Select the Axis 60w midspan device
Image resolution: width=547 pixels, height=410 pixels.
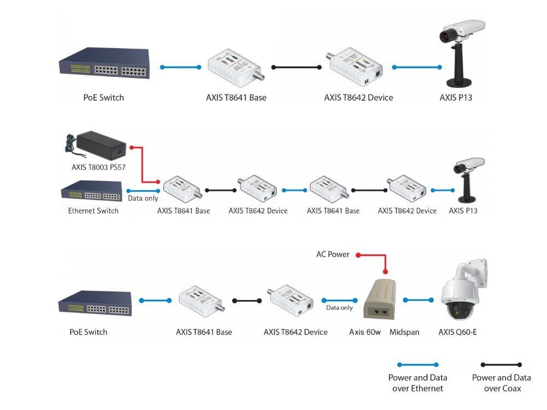(x=380, y=299)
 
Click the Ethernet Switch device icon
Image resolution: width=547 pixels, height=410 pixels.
(x=92, y=191)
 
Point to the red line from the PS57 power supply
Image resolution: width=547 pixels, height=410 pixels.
(x=142, y=165)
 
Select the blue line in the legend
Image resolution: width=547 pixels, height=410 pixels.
(x=417, y=365)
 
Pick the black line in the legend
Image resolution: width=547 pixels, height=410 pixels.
(x=501, y=365)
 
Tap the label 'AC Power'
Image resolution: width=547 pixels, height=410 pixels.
(x=333, y=254)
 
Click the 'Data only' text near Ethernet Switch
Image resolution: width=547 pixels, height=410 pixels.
(x=143, y=198)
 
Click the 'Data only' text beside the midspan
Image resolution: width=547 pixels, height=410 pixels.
(x=339, y=307)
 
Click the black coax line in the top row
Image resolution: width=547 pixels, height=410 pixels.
(x=296, y=67)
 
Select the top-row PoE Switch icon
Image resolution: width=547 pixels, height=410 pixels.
(x=104, y=63)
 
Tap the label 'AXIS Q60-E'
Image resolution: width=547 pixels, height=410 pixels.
(x=457, y=332)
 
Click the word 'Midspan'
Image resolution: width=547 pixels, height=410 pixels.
(x=404, y=332)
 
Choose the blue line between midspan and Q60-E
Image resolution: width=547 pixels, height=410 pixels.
(x=418, y=300)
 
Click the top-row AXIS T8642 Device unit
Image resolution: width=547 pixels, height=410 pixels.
(x=354, y=67)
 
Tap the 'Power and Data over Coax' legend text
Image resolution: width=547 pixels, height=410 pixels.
(x=501, y=383)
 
